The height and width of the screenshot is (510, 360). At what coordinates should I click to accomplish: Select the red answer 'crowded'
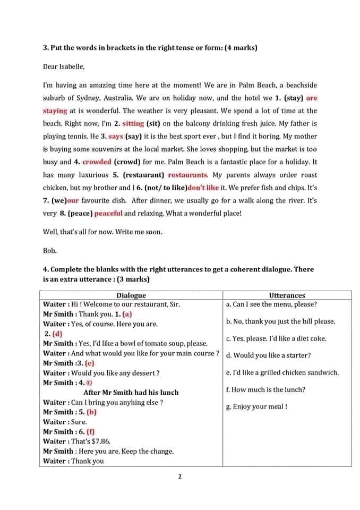click(97, 162)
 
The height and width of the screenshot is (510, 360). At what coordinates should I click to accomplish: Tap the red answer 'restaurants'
click(187, 175)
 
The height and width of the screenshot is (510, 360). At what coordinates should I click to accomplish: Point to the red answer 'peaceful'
click(108, 213)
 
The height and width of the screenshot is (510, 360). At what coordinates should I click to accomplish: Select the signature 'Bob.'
click(50, 250)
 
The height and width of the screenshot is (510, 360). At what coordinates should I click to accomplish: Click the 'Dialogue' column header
click(131, 295)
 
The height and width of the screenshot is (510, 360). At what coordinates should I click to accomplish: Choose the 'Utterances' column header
click(287, 295)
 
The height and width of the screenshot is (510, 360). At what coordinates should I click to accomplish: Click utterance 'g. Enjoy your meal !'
click(256, 407)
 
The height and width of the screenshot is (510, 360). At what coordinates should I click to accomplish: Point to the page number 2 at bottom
click(180, 477)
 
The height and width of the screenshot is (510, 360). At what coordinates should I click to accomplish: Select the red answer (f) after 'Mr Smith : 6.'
click(90, 432)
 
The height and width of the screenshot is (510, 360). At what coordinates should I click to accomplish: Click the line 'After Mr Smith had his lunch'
click(131, 393)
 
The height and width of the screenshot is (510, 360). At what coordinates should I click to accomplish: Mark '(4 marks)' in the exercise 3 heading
click(238, 48)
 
